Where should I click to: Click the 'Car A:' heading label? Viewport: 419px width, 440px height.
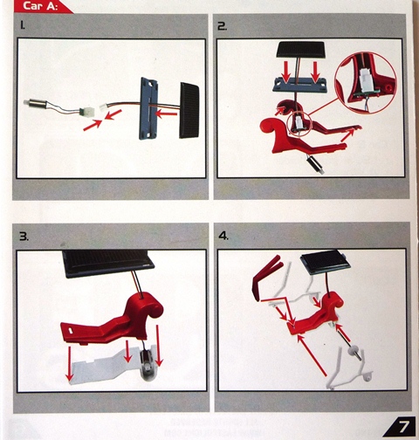tap(40, 6)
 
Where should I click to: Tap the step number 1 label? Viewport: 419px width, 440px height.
tap(23, 26)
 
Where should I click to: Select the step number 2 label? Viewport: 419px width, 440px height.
tap(223, 26)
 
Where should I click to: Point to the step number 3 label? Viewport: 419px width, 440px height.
tap(24, 237)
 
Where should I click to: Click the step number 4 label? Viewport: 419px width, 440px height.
tap(223, 236)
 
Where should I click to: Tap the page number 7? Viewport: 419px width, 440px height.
tap(403, 427)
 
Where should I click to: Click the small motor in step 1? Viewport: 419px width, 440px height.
tap(36, 103)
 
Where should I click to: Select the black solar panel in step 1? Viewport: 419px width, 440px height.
tap(189, 110)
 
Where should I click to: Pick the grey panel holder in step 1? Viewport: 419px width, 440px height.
tap(149, 108)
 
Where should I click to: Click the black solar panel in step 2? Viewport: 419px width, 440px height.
tap(300, 49)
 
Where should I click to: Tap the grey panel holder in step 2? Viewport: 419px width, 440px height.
tap(299, 85)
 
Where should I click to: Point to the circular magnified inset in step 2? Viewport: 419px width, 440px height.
tap(366, 83)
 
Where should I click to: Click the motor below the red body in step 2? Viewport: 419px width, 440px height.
tap(315, 164)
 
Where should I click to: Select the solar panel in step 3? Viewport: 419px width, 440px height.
tap(108, 263)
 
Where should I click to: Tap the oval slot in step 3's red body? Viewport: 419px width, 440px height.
tap(71, 330)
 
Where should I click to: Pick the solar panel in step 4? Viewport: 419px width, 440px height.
tap(326, 264)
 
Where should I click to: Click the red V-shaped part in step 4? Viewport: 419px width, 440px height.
tap(265, 275)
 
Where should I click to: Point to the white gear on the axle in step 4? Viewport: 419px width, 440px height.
tap(354, 349)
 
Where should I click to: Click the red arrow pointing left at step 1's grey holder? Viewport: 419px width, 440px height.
tap(166, 113)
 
